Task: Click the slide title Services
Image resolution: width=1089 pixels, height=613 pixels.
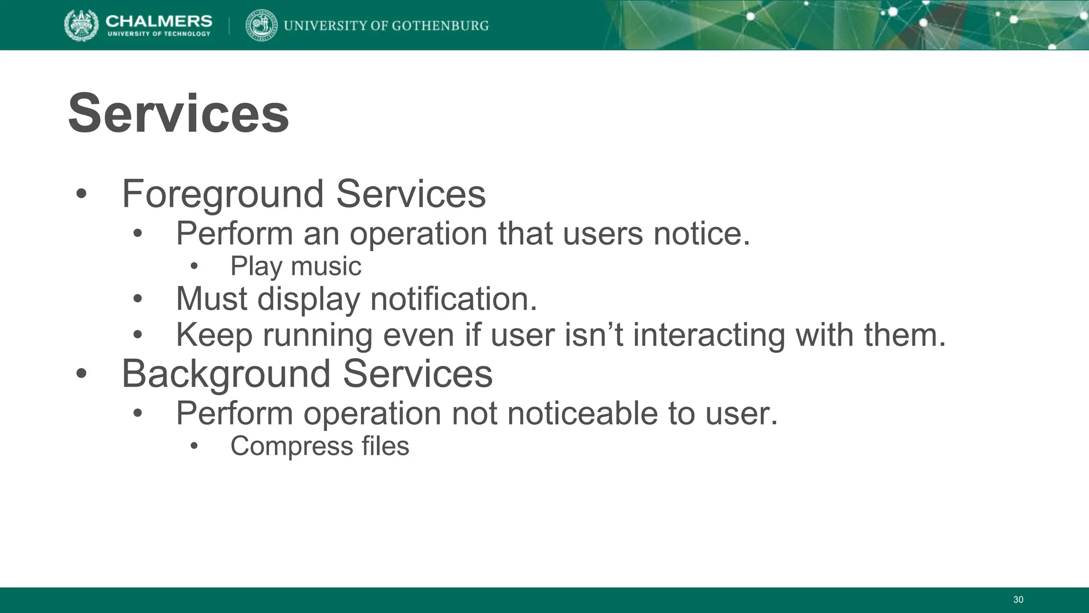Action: point(179,113)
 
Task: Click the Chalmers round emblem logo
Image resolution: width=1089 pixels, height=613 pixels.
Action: point(81,25)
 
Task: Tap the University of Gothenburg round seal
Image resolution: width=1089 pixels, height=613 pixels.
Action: point(261,25)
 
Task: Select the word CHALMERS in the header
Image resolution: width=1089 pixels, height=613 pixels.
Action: point(158,21)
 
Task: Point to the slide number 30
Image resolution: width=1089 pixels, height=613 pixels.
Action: point(1018,600)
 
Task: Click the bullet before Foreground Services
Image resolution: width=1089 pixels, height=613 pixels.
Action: point(81,194)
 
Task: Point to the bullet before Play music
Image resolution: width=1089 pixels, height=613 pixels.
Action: point(194,267)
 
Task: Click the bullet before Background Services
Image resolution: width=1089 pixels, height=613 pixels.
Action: point(81,374)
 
